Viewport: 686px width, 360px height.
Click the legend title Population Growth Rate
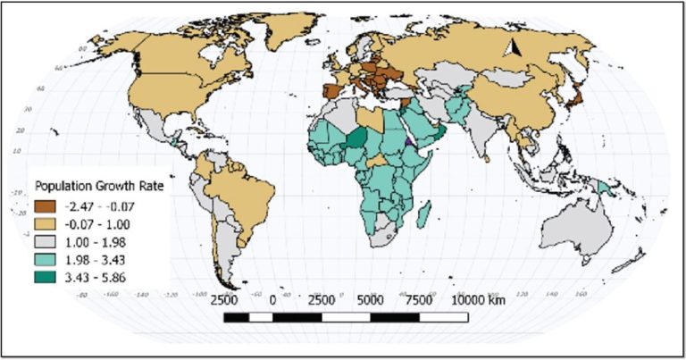(x=93, y=186)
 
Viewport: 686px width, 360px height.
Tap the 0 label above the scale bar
(x=272, y=300)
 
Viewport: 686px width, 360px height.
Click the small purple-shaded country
(x=409, y=140)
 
